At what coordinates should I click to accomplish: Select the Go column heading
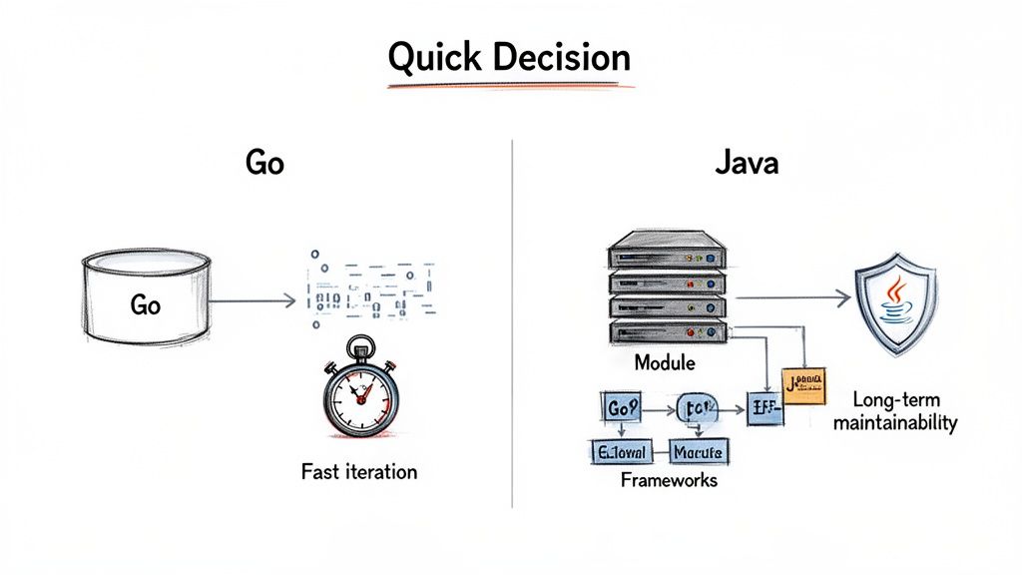263,163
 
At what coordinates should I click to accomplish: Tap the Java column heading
747,163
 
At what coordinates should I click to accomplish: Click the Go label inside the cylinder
145,304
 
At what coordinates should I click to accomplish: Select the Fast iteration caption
359,470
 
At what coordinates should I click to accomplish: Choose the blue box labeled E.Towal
616,452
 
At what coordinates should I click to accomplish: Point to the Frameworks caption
668,480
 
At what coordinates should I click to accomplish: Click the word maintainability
894,423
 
